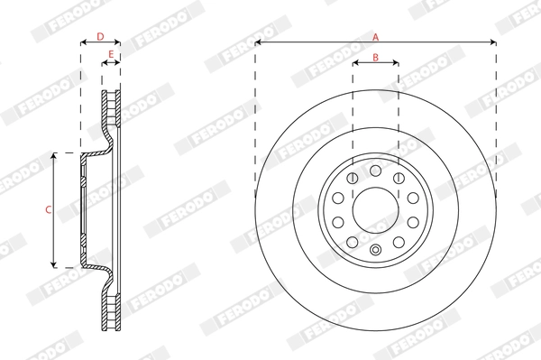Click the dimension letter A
coord(375,36)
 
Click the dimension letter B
coord(375,59)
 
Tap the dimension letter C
coord(48,209)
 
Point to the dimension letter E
coord(110,55)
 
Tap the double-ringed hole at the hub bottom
coord(375,250)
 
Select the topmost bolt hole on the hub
coord(375,170)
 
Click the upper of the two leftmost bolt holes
coord(337,198)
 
